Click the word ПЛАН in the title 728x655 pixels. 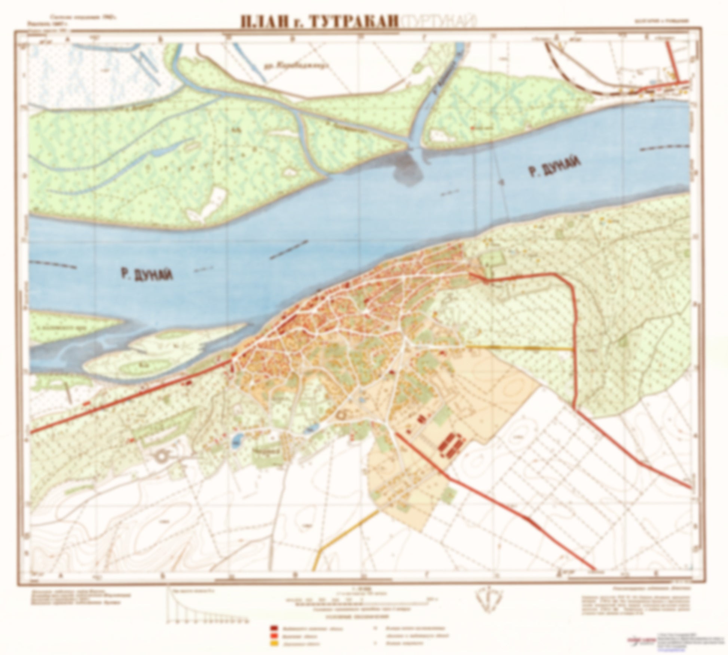(264, 21)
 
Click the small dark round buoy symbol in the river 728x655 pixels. (501, 181)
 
